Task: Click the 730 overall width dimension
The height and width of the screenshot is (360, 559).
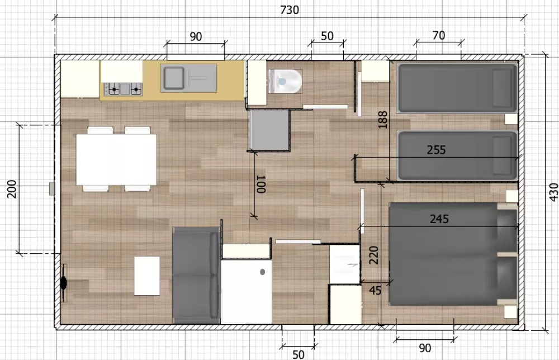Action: pyautogui.click(x=289, y=10)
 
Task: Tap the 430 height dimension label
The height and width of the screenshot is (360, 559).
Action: pyautogui.click(x=553, y=192)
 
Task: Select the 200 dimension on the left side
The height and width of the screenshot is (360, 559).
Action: pyautogui.click(x=12, y=189)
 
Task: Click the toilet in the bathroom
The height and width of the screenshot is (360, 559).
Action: pyautogui.click(x=285, y=81)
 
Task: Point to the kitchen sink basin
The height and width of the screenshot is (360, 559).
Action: pyautogui.click(x=173, y=78)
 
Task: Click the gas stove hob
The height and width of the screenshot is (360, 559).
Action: pyautogui.click(x=123, y=89)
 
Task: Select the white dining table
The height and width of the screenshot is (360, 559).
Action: pyautogui.click(x=116, y=159)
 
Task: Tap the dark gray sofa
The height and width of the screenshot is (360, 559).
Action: pyautogui.click(x=196, y=275)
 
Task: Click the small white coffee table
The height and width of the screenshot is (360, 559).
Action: pyautogui.click(x=147, y=276)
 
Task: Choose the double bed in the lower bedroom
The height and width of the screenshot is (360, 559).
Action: pyautogui.click(x=453, y=254)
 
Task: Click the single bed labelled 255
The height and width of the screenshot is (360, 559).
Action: pyautogui.click(x=457, y=155)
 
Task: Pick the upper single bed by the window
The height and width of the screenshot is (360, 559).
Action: pyautogui.click(x=457, y=88)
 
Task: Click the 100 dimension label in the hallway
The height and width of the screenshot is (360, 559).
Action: pyautogui.click(x=261, y=184)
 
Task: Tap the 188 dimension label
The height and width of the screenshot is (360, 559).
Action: pyautogui.click(x=382, y=120)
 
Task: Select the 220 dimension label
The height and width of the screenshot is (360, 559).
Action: pyautogui.click(x=373, y=255)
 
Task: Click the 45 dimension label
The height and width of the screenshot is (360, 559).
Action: pyautogui.click(x=375, y=291)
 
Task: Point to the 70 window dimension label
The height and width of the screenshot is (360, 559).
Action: pyautogui.click(x=438, y=35)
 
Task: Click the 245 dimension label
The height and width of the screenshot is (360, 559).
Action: pyautogui.click(x=439, y=219)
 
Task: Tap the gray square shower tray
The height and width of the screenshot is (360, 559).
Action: pyautogui.click(x=269, y=130)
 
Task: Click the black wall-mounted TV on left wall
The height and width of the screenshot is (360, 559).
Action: pyautogui.click(x=64, y=283)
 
